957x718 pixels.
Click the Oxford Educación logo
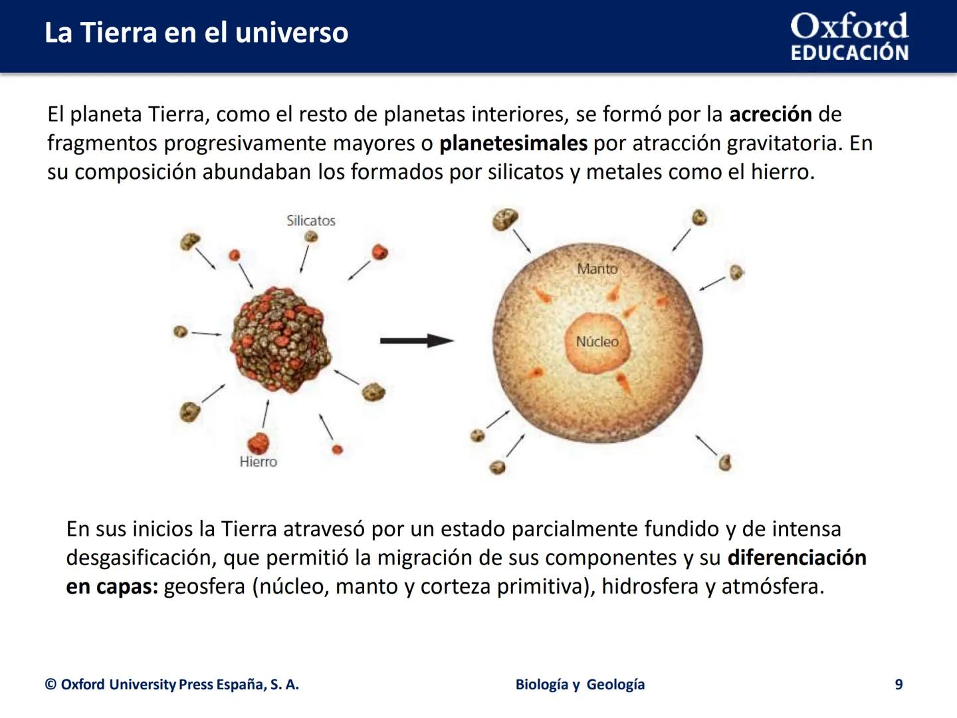[x=849, y=37]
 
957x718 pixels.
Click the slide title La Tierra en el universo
[x=196, y=33]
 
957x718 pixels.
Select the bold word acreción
[x=770, y=114]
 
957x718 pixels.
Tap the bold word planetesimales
[x=513, y=143]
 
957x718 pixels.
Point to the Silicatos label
[x=310, y=221]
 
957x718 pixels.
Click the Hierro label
[x=258, y=461]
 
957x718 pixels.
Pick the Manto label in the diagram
[x=597, y=269]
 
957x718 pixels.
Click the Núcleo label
[x=597, y=342]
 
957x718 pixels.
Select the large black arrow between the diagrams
[x=417, y=341]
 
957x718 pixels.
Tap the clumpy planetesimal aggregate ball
[x=280, y=339]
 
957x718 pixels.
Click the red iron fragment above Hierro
[x=258, y=442]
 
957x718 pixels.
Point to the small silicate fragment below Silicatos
[x=310, y=237]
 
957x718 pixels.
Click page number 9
[x=899, y=685]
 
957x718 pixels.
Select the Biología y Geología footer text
[x=580, y=685]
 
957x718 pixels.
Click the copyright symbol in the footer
[x=51, y=685]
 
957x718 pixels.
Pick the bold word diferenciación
[x=797, y=557]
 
